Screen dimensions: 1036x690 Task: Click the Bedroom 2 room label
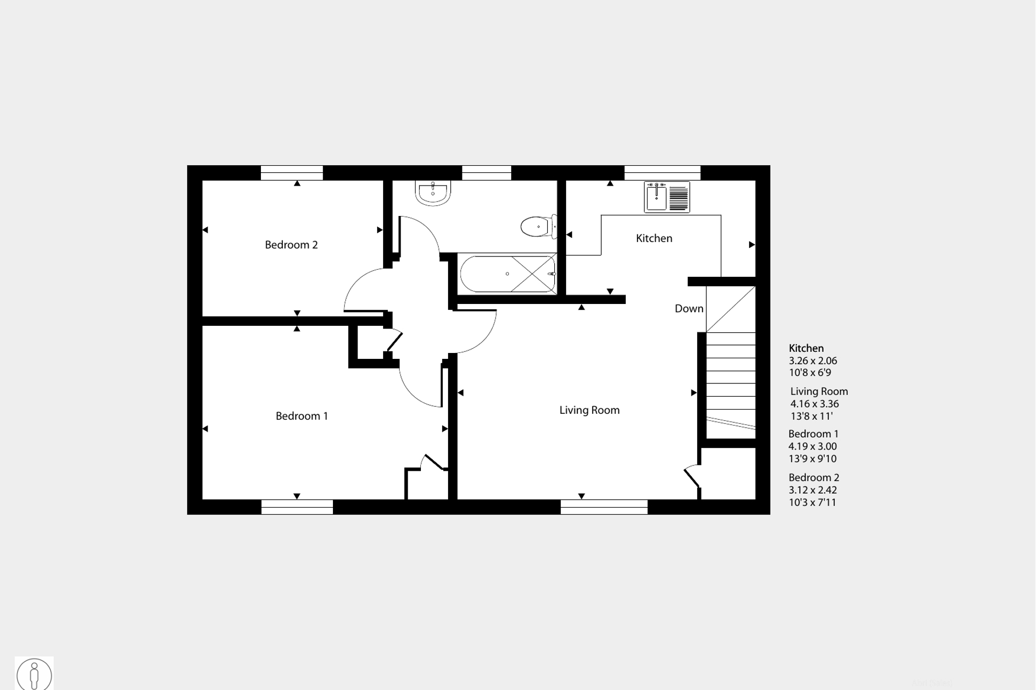pos(291,245)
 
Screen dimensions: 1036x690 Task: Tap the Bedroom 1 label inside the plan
pos(301,416)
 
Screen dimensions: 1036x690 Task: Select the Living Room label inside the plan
pos(589,410)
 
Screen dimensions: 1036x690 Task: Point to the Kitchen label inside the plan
pos(654,238)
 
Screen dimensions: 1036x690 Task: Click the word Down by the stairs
pos(689,308)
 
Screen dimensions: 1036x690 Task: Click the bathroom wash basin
pos(433,192)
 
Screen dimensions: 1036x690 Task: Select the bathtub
pos(508,274)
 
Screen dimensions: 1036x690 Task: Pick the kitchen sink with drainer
pos(667,197)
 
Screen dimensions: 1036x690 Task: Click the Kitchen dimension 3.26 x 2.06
pos(813,360)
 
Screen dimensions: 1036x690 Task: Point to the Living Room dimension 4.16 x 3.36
pos(815,404)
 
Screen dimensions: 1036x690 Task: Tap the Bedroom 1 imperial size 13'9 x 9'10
pos(812,459)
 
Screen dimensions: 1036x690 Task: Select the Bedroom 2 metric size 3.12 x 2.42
pos(813,490)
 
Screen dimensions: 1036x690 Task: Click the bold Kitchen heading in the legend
pos(806,348)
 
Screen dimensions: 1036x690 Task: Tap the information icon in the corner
pos(34,674)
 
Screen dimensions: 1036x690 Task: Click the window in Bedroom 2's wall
pos(292,173)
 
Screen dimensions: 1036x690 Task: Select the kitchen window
pos(662,173)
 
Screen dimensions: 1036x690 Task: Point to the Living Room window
pos(604,507)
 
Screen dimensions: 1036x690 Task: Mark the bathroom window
pos(487,173)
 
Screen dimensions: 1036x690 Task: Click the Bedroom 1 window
pos(297,507)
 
